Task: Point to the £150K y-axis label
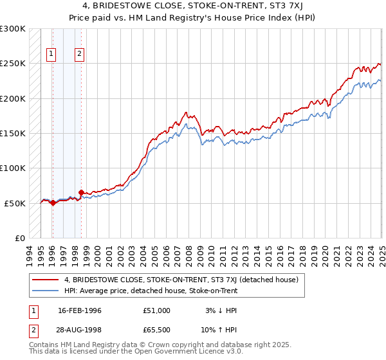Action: pyautogui.click(x=13, y=134)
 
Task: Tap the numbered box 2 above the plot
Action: pyautogui.click(x=79, y=54)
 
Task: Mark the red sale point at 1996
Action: pyautogui.click(x=53, y=203)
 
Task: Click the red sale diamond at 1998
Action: pyautogui.click(x=81, y=192)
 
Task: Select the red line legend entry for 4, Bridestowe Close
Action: pyautogui.click(x=181, y=280)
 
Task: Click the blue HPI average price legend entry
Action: pyautogui.click(x=151, y=291)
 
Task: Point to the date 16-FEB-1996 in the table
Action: pyautogui.click(x=79, y=310)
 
